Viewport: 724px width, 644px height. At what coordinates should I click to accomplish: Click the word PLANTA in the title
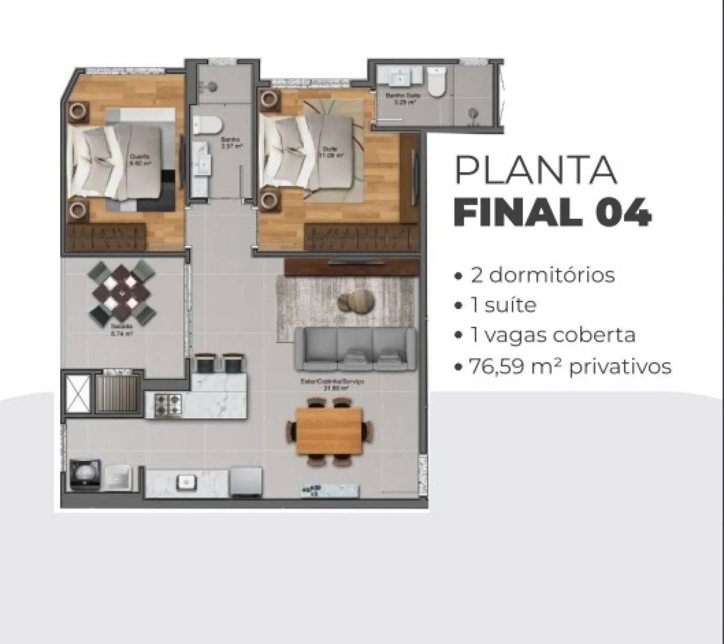click(535, 171)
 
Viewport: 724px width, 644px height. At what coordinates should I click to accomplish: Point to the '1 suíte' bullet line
click(503, 306)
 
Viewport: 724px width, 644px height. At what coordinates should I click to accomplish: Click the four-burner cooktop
click(167, 405)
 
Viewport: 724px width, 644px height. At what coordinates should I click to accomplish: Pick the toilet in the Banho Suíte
click(437, 84)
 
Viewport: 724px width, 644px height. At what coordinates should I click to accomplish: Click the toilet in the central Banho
click(207, 126)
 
